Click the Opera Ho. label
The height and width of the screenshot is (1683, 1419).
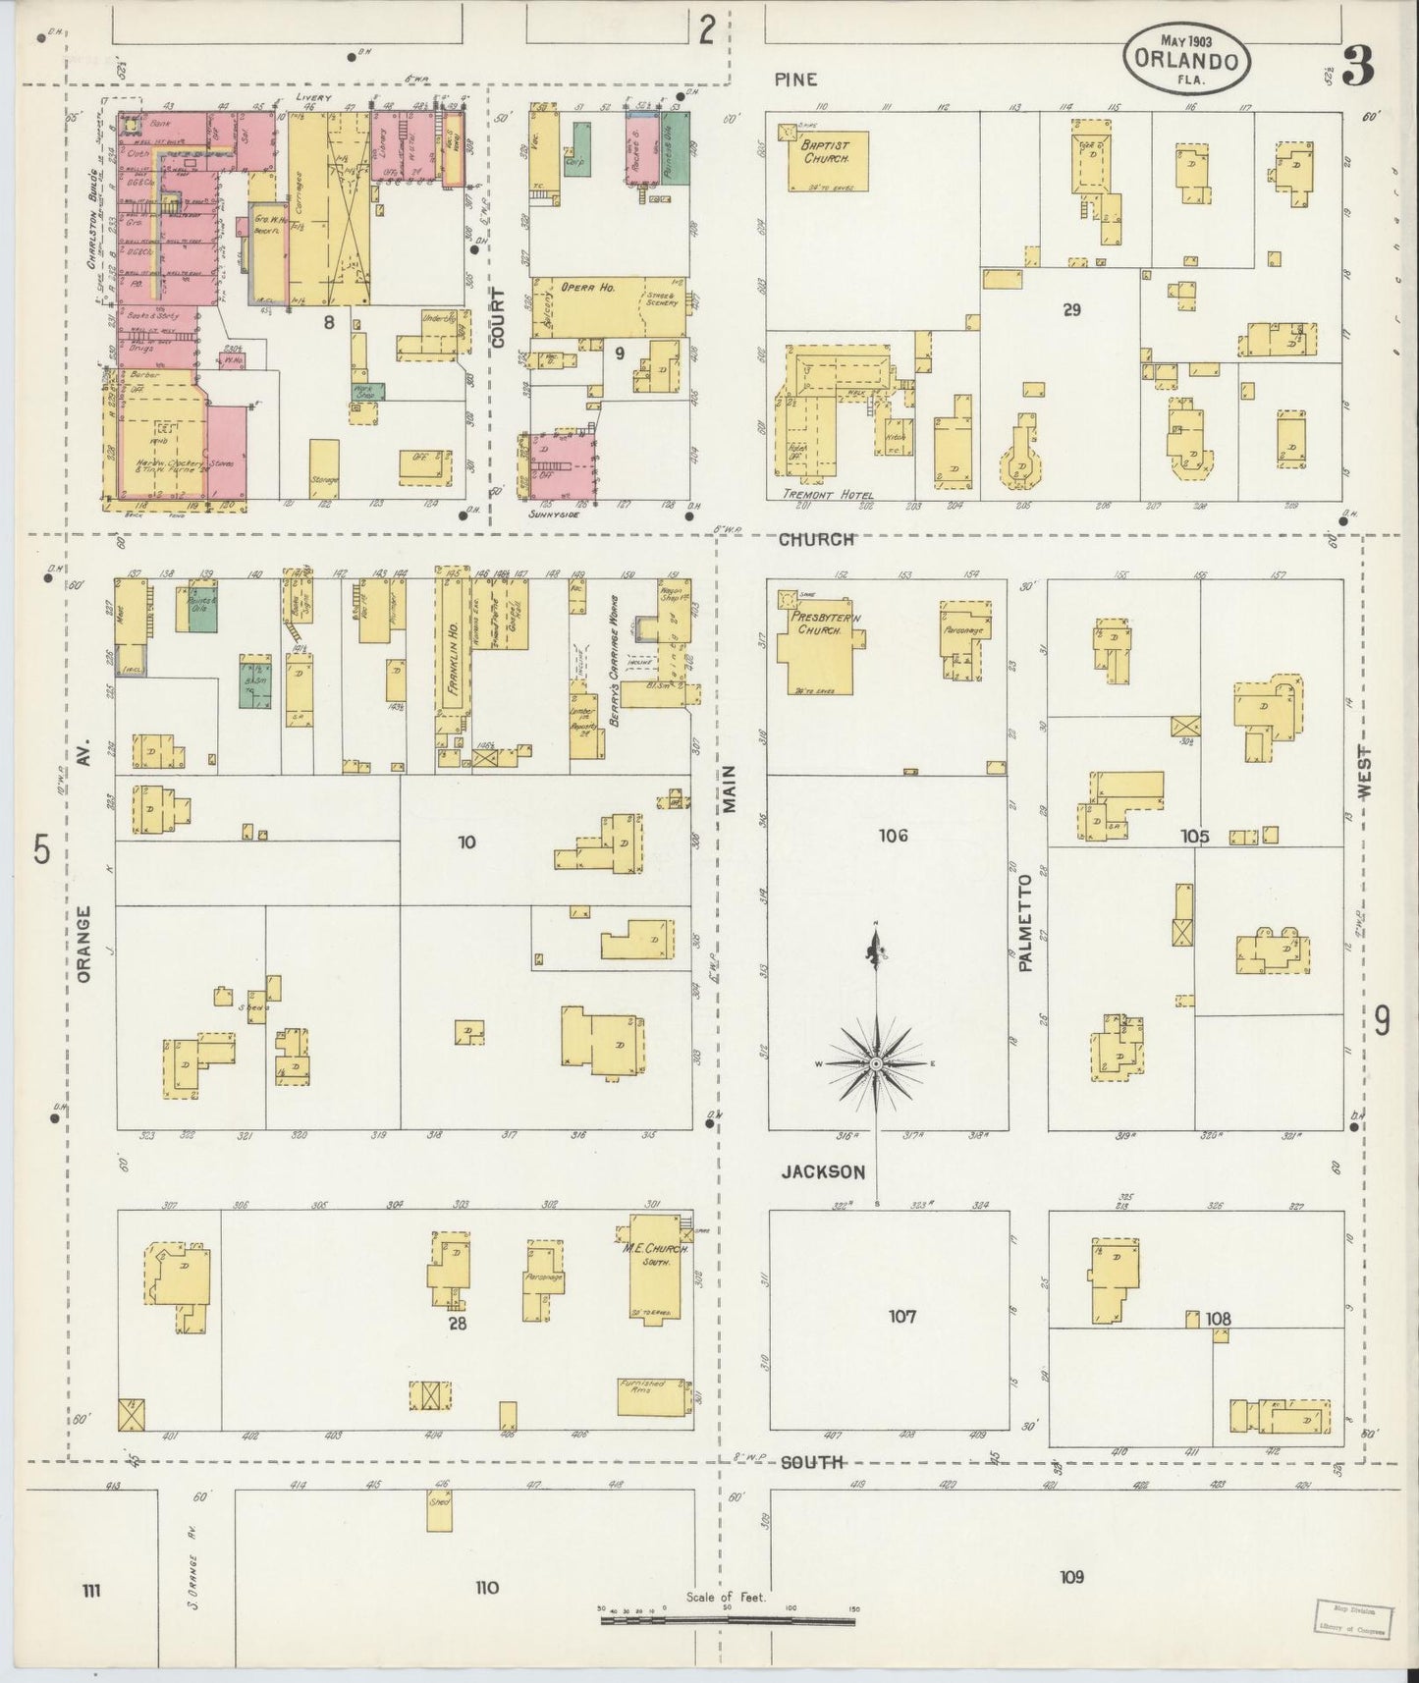pos(587,288)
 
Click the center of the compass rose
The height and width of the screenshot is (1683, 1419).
pos(875,1063)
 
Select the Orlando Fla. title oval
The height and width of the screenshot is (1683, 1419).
pos(1187,58)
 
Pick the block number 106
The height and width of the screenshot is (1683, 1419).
pos(893,836)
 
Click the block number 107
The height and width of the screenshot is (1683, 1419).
pos(901,1316)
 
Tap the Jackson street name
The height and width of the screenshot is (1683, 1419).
pos(823,1171)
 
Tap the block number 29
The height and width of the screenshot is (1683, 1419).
pos(1071,309)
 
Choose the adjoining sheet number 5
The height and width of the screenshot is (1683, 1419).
pos(41,850)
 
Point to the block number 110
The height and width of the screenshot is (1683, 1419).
pos(487,1589)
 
